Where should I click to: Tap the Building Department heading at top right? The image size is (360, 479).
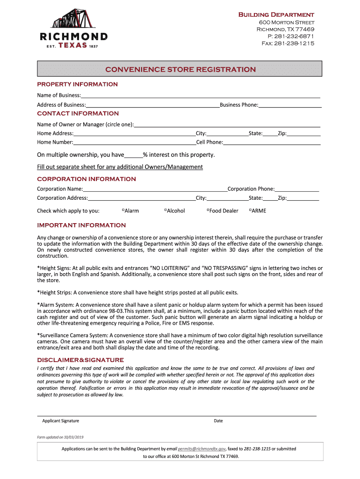(x=276, y=15)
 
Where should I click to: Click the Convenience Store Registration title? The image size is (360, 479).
(x=180, y=70)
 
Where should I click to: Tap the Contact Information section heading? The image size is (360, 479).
(x=78, y=114)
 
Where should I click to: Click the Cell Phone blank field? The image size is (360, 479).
(x=272, y=143)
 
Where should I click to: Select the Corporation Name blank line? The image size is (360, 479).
(x=155, y=189)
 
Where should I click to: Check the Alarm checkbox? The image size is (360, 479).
(x=122, y=210)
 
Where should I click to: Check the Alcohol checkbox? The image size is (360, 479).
(x=166, y=210)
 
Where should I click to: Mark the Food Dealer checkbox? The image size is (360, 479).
(x=208, y=210)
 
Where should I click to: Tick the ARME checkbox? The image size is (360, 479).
(x=250, y=210)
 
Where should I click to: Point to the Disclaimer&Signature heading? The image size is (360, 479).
(x=80, y=360)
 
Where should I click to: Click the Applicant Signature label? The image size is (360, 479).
(x=60, y=421)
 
